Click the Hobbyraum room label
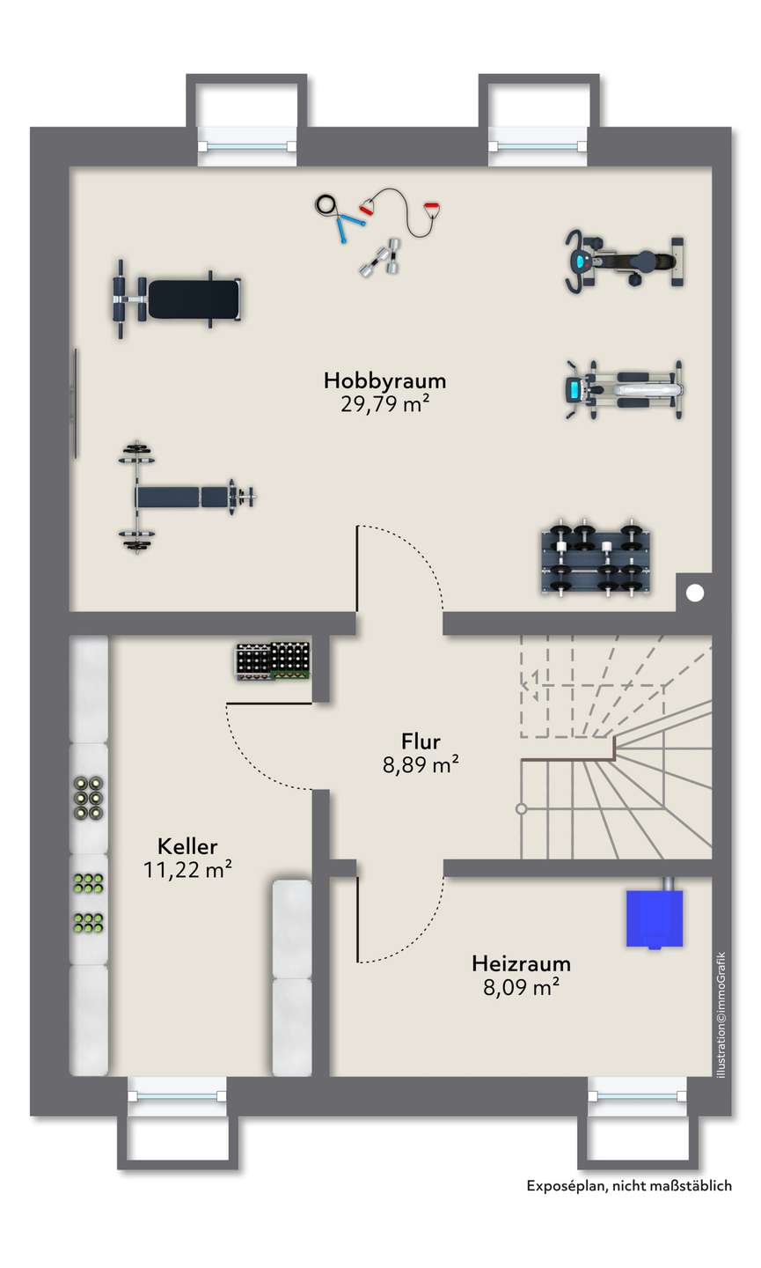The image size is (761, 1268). [384, 380]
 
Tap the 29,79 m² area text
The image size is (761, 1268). [384, 404]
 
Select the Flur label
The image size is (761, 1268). [420, 741]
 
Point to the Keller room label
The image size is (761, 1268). [187, 846]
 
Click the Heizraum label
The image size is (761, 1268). [521, 962]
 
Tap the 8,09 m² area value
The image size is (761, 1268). [521, 987]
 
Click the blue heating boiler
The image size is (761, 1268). [654, 918]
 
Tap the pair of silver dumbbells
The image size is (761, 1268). [380, 257]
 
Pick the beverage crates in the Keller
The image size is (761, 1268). [273, 661]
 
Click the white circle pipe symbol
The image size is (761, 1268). [695, 593]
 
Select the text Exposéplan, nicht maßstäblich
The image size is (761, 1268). [629, 1186]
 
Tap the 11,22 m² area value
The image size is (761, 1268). [187, 871]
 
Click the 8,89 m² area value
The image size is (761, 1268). [420, 765]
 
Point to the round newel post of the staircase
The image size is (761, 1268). [522, 808]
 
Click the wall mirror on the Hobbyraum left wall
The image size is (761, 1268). [76, 403]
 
